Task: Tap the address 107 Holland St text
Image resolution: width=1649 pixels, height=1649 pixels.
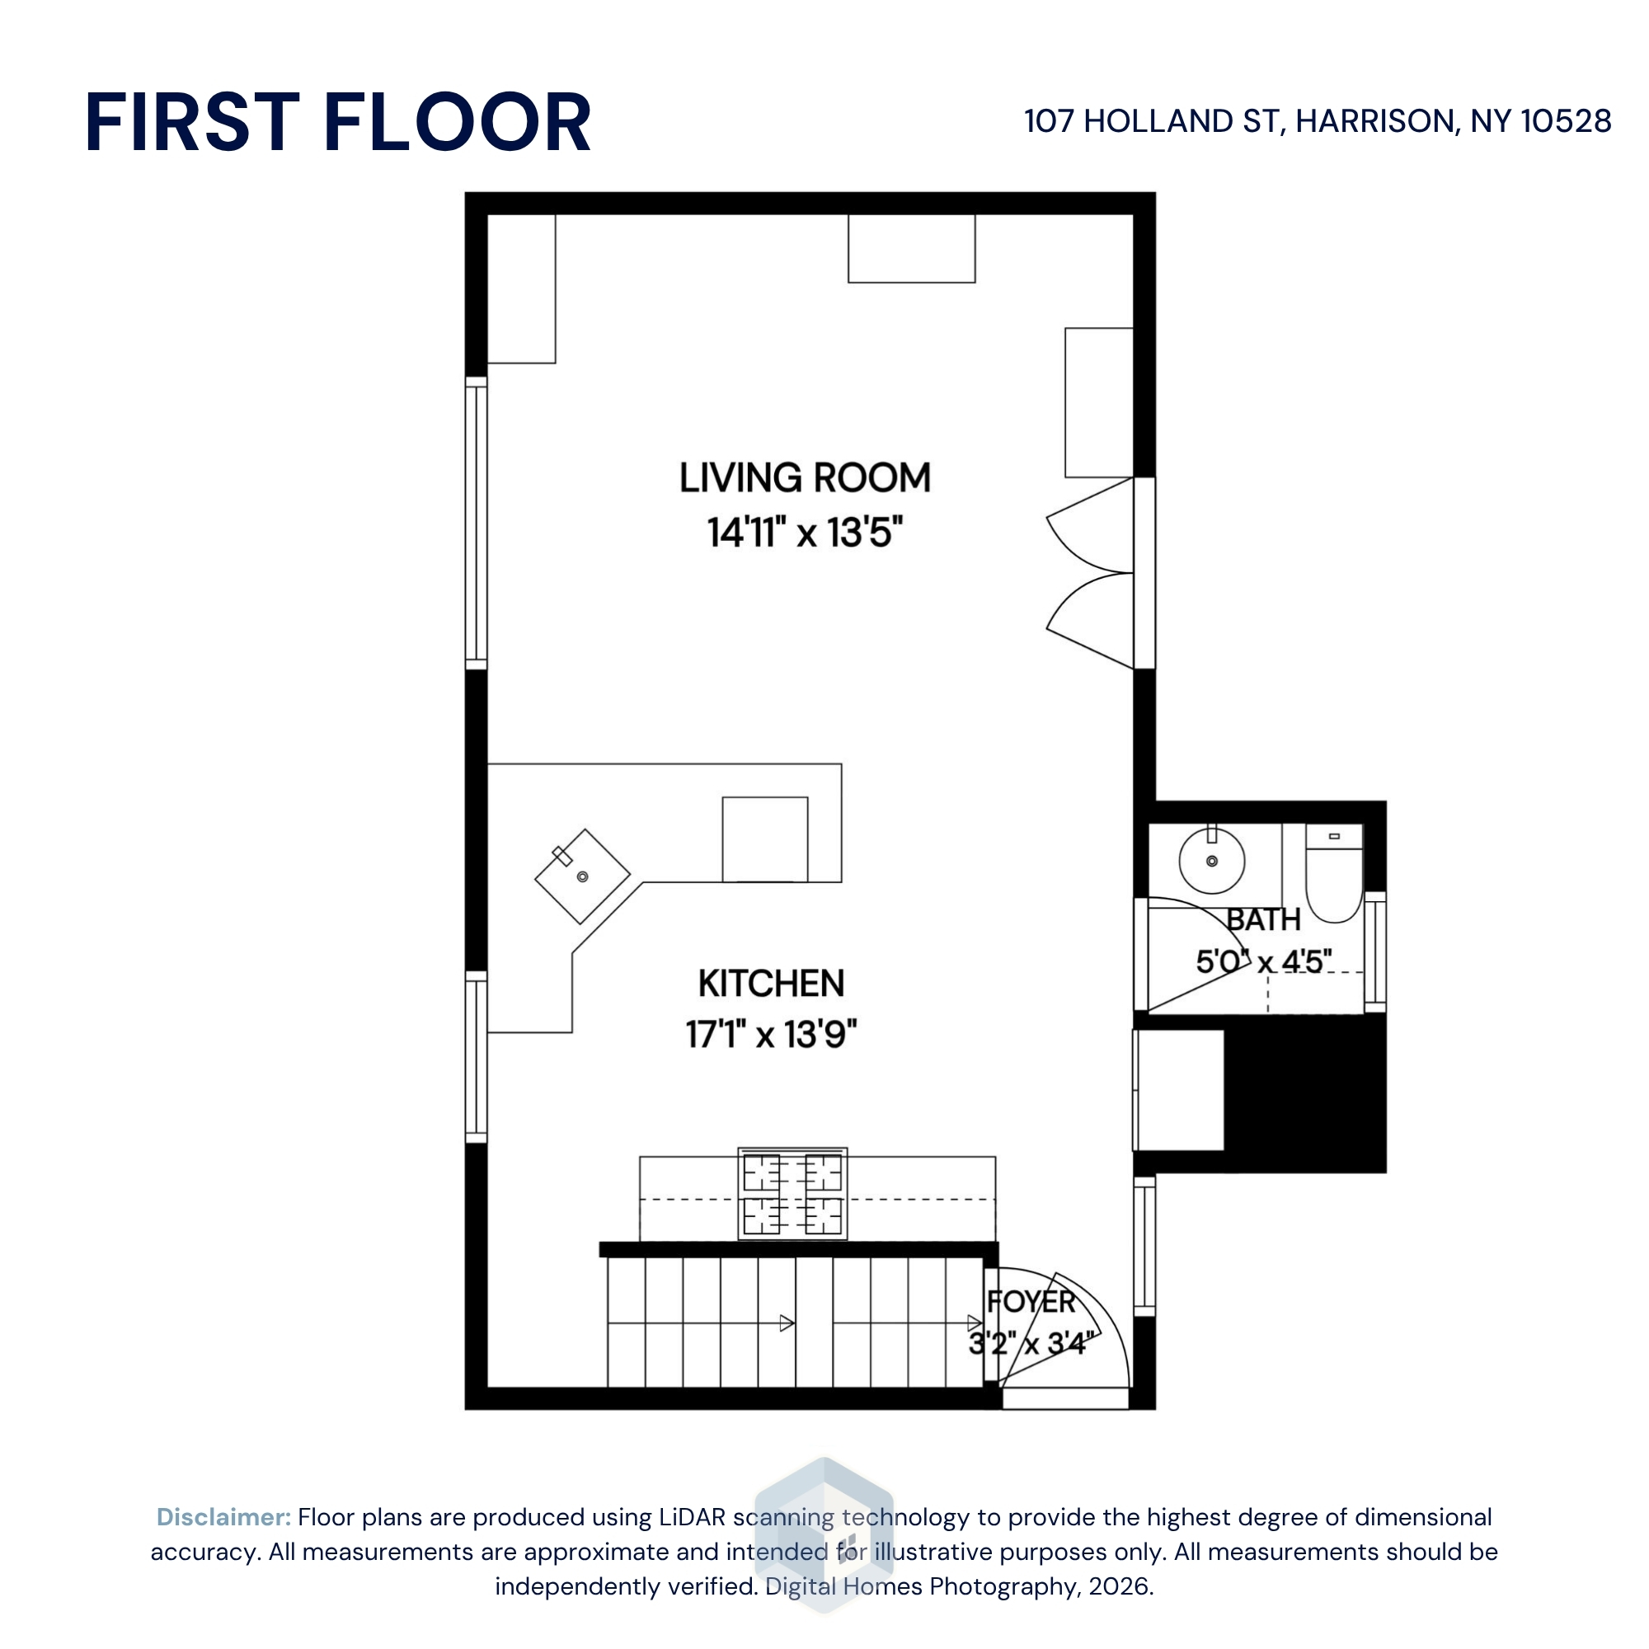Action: click(1317, 121)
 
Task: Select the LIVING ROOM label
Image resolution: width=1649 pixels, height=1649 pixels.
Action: click(805, 477)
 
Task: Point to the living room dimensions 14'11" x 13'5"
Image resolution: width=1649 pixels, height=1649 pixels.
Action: click(805, 532)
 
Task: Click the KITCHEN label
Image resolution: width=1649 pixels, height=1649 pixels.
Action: click(771, 984)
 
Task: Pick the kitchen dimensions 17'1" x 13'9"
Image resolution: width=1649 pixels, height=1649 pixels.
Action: click(771, 1034)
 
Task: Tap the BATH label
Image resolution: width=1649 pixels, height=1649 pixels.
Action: click(1263, 920)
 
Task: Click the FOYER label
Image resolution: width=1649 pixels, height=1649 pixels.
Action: click(1031, 1302)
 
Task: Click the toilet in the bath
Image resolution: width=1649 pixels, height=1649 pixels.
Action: click(1334, 873)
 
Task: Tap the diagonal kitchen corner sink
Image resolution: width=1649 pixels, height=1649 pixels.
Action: click(582, 876)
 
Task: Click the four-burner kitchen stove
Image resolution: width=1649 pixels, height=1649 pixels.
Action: click(793, 1194)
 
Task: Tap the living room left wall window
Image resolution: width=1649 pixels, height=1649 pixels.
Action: click(477, 524)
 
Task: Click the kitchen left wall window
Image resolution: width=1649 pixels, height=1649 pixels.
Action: click(477, 1057)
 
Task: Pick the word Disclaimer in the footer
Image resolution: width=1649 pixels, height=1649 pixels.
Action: click(223, 1517)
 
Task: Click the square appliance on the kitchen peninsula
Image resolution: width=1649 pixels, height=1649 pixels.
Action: click(765, 839)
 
